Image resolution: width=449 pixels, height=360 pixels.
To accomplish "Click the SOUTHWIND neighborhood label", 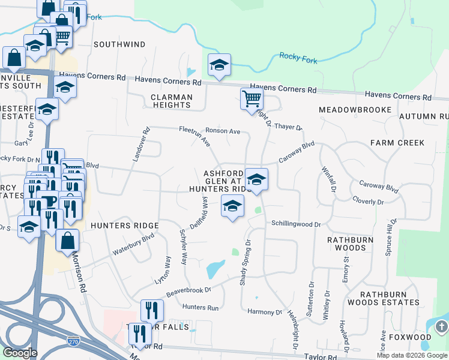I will [119, 44].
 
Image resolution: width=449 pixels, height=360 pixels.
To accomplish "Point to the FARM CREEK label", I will [397, 143].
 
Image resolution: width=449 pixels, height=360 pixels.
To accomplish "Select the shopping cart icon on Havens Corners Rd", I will [252, 98].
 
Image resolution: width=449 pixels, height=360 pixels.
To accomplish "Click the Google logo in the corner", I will [20, 353].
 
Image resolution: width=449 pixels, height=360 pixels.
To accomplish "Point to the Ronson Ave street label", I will [223, 131].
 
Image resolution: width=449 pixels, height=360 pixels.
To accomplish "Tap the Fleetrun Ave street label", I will [194, 136].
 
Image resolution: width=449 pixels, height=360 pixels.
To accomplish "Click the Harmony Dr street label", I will [265, 312].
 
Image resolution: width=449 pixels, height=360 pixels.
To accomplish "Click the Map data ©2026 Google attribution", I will [412, 355].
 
